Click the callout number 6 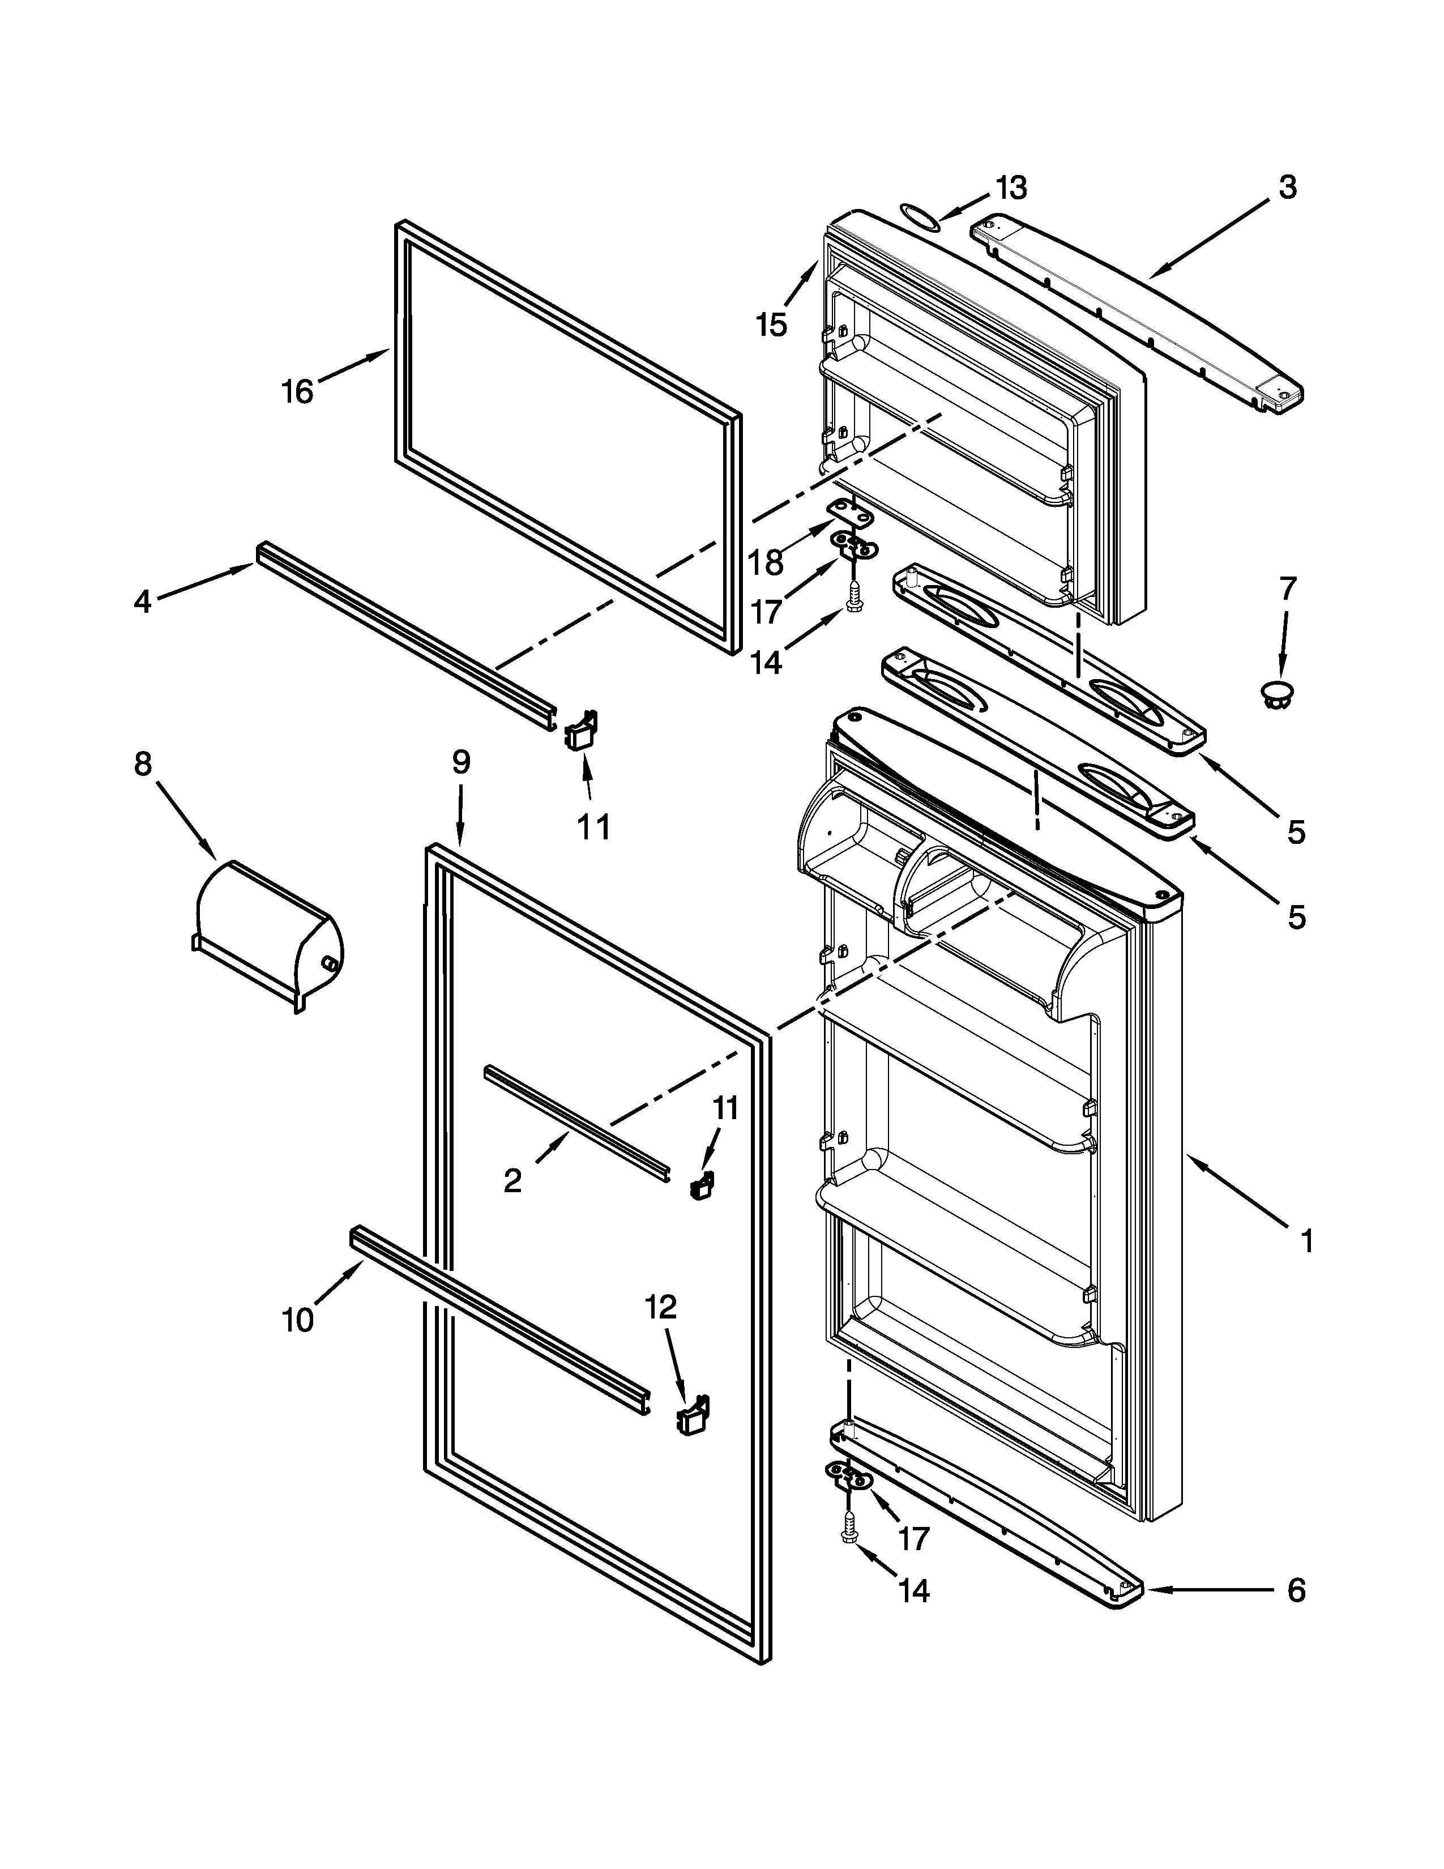tap(1296, 1591)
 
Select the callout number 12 tap(660, 1306)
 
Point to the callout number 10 tap(298, 1320)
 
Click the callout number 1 tap(1306, 1241)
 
